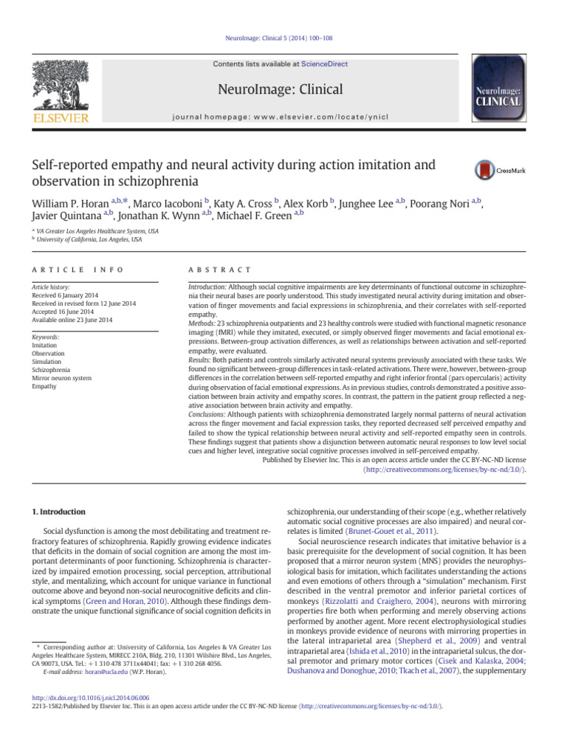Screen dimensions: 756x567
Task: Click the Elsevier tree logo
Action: pyautogui.click(x=58, y=89)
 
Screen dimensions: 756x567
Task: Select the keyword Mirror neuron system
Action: pyautogui.click(x=63, y=378)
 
